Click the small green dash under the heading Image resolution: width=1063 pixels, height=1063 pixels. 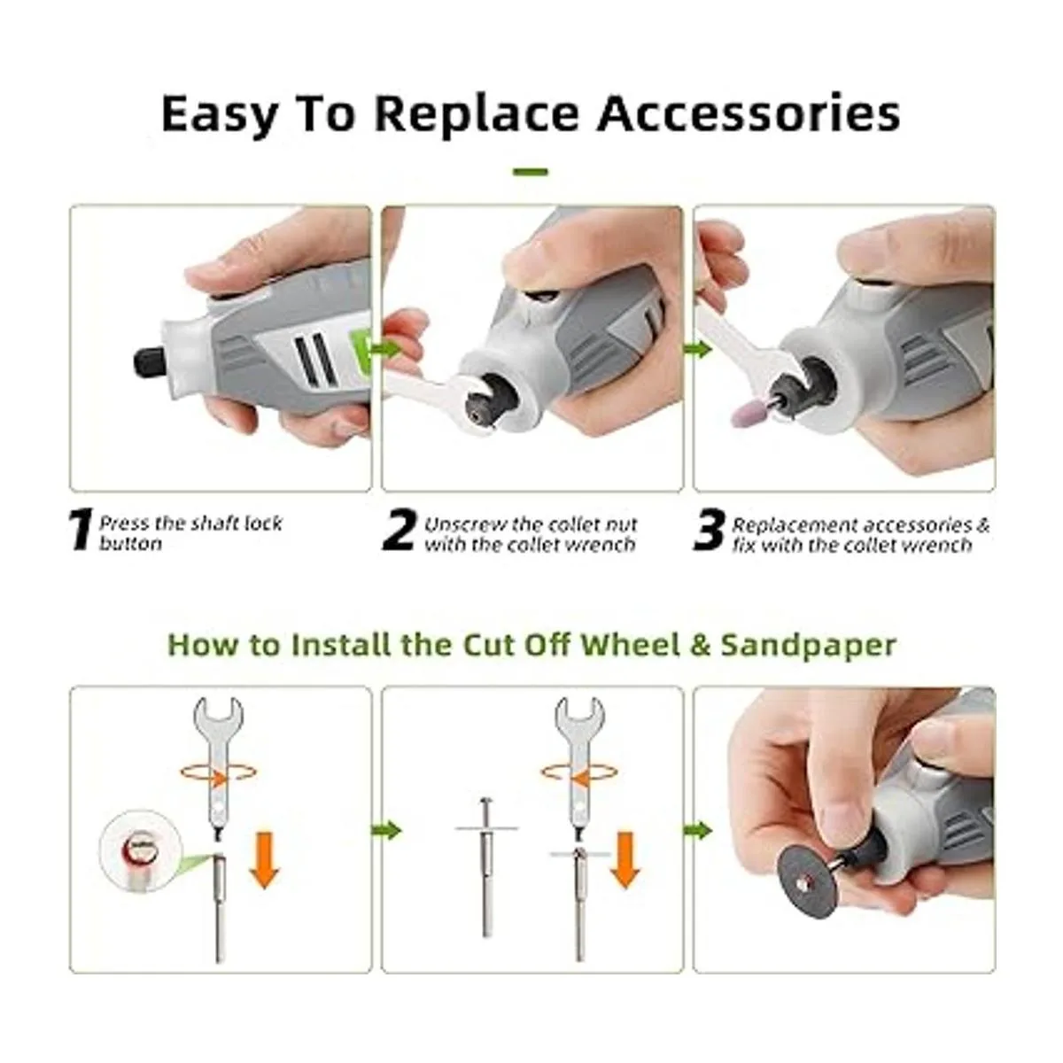pyautogui.click(x=530, y=172)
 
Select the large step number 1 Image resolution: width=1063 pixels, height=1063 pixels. pyautogui.click(x=81, y=531)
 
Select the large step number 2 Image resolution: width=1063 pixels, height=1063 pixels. pyautogui.click(x=399, y=531)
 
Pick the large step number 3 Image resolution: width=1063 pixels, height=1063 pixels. pyautogui.click(x=709, y=531)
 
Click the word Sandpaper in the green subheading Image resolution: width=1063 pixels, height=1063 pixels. pyautogui.click(x=809, y=645)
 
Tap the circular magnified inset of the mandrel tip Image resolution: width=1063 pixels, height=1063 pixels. pyautogui.click(x=140, y=851)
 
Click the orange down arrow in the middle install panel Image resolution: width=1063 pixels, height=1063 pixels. pyautogui.click(x=625, y=858)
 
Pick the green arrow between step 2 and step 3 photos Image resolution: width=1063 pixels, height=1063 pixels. pyautogui.click(x=697, y=349)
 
